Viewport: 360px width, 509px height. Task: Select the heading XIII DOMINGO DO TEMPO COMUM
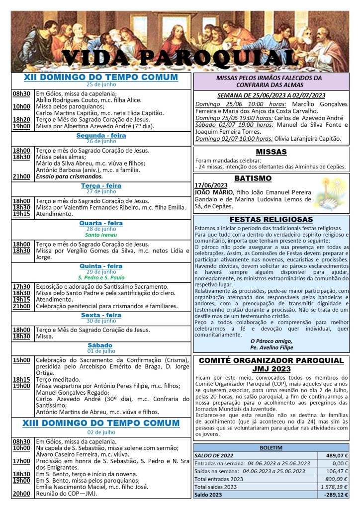click(x=101, y=423)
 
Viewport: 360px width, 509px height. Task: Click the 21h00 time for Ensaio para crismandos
click(x=21, y=176)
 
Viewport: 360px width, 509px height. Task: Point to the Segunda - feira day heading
click(x=101, y=135)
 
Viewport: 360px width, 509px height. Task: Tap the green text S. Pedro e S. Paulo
click(x=101, y=277)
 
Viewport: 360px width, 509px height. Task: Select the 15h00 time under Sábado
click(x=21, y=360)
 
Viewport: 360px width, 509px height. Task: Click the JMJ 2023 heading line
click(x=270, y=369)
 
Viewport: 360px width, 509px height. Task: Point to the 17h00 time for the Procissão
click(x=21, y=461)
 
